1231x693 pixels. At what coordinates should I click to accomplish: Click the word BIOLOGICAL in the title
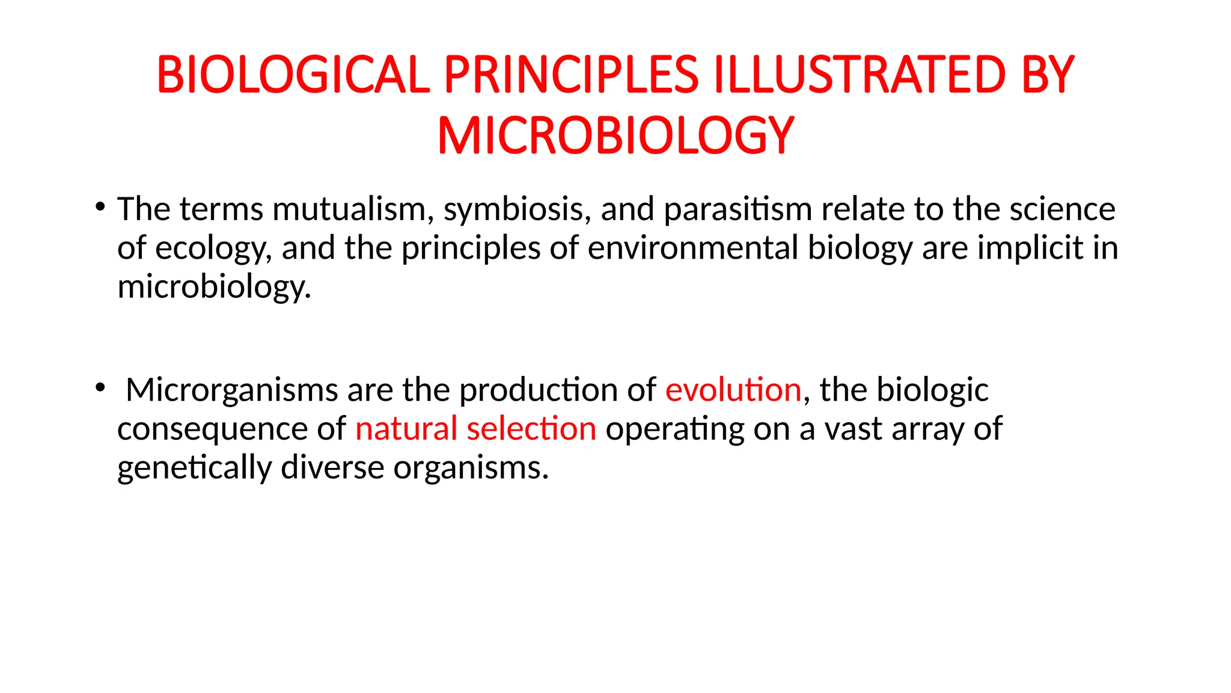(293, 75)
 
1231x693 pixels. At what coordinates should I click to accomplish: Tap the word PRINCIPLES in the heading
(571, 75)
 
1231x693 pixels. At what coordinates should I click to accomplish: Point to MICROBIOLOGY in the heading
(615, 136)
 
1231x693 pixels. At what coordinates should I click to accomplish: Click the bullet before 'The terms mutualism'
(100, 208)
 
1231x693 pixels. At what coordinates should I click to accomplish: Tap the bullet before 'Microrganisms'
(100, 388)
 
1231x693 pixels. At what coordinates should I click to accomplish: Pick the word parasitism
(738, 209)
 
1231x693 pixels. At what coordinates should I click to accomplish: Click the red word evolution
(733, 390)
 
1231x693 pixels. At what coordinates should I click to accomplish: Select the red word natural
(406, 429)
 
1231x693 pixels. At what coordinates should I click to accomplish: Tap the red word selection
(531, 429)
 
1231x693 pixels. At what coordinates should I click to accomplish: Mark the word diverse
(332, 467)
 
